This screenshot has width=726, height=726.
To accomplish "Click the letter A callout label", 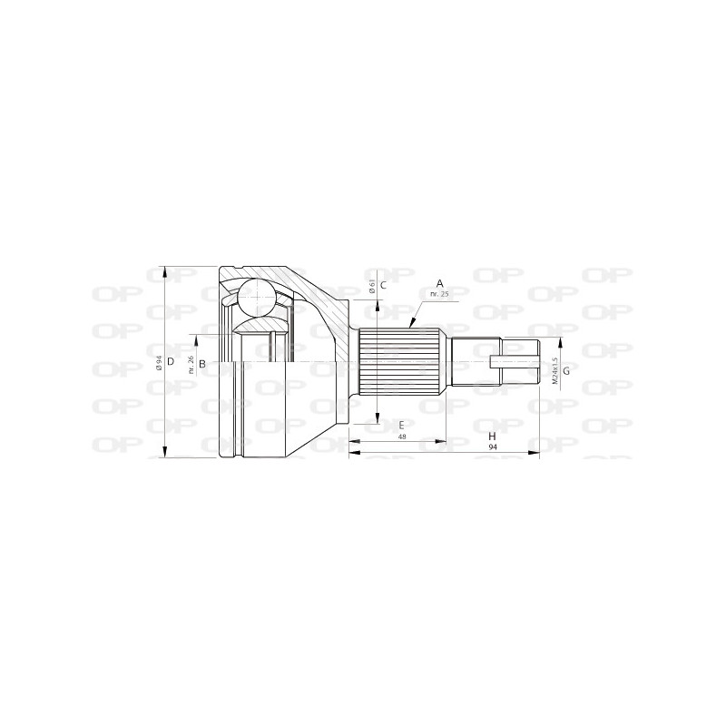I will (x=439, y=282).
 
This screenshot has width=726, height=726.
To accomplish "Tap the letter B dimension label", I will (x=203, y=364).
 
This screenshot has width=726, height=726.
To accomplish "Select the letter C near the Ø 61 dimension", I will (x=384, y=285).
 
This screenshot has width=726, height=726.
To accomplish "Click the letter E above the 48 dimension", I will (x=400, y=424).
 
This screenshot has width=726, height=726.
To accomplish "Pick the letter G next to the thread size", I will (x=566, y=371).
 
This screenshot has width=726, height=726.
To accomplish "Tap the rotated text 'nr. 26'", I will (x=191, y=364).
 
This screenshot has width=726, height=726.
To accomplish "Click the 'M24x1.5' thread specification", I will (x=552, y=370).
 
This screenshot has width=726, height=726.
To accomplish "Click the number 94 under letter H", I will (x=491, y=447).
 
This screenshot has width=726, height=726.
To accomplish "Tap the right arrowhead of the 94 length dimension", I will (x=538, y=450).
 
